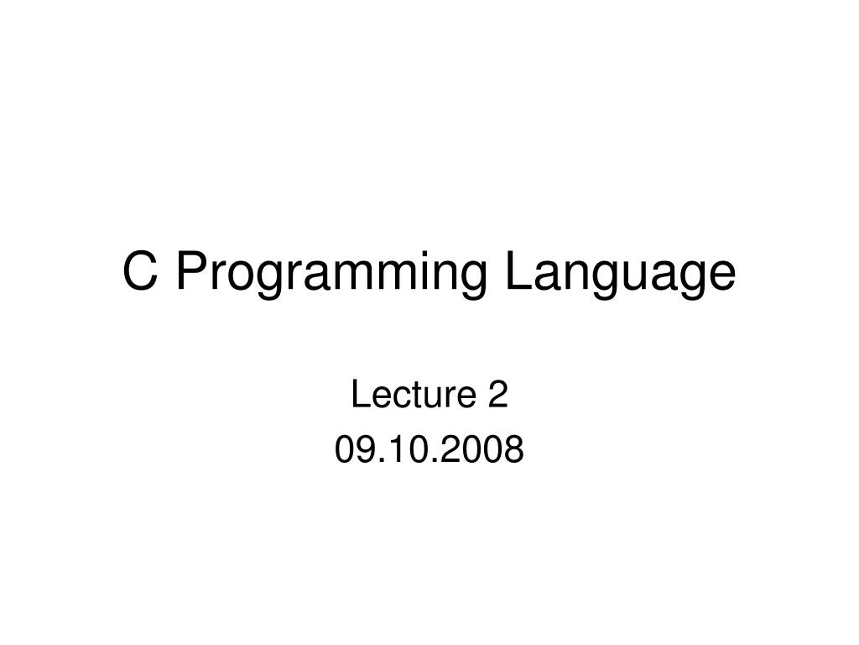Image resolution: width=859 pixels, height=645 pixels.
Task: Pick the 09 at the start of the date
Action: (x=353, y=451)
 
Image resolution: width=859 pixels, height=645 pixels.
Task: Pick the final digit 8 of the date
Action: (x=514, y=451)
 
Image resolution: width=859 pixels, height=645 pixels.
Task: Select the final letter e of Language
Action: (x=721, y=276)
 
